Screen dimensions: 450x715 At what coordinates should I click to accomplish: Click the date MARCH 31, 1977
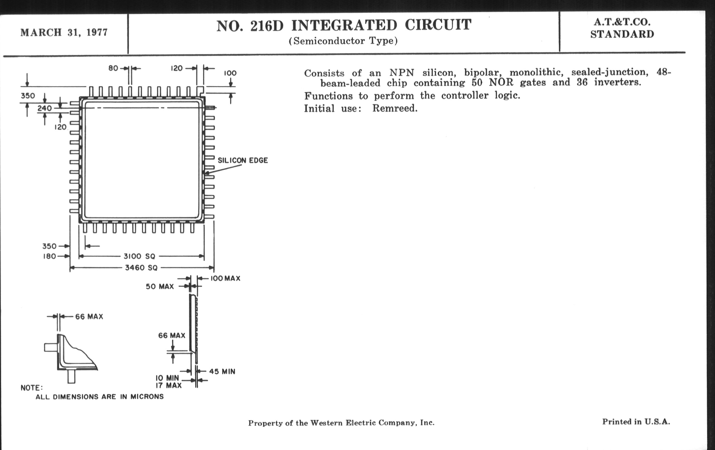[64, 32]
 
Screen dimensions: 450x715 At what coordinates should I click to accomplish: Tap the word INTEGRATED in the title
[344, 25]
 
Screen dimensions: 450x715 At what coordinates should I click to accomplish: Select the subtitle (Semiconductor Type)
[343, 41]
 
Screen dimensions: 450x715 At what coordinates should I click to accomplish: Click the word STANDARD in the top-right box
[622, 34]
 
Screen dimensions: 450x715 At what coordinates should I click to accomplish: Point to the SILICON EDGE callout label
[243, 160]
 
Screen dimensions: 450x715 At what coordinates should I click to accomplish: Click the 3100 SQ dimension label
[139, 256]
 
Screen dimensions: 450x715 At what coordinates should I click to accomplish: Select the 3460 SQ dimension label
[141, 268]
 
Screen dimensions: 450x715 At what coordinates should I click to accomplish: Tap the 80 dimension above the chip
[113, 68]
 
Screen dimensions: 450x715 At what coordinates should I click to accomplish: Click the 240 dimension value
[44, 108]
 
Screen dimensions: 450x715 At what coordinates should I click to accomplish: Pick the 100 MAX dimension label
[225, 279]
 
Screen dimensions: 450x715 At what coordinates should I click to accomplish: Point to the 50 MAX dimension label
[160, 287]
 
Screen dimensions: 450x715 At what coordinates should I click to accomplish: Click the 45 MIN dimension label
[222, 371]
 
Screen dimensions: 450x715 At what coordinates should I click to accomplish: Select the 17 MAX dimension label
[169, 386]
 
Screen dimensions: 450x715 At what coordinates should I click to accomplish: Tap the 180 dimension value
[49, 256]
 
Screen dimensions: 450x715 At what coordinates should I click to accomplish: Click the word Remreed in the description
[395, 109]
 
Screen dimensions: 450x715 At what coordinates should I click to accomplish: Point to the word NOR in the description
[501, 82]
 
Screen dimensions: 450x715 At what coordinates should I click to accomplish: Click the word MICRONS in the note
[147, 396]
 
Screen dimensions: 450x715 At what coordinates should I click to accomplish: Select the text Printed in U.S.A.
[636, 422]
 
